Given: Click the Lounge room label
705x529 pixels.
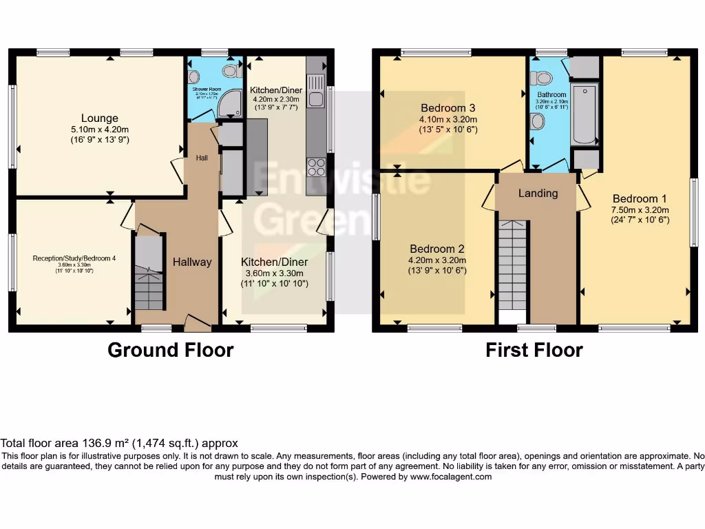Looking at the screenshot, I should click(100, 118).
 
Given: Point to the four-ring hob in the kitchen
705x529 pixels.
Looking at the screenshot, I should click(316, 167).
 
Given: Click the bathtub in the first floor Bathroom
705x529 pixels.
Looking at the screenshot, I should click(585, 114).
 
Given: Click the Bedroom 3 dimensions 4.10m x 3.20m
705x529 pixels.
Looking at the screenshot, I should click(448, 119).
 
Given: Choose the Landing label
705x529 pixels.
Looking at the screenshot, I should click(538, 193).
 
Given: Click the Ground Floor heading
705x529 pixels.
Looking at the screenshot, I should click(170, 350).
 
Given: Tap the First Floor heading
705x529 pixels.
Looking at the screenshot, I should click(534, 350).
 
